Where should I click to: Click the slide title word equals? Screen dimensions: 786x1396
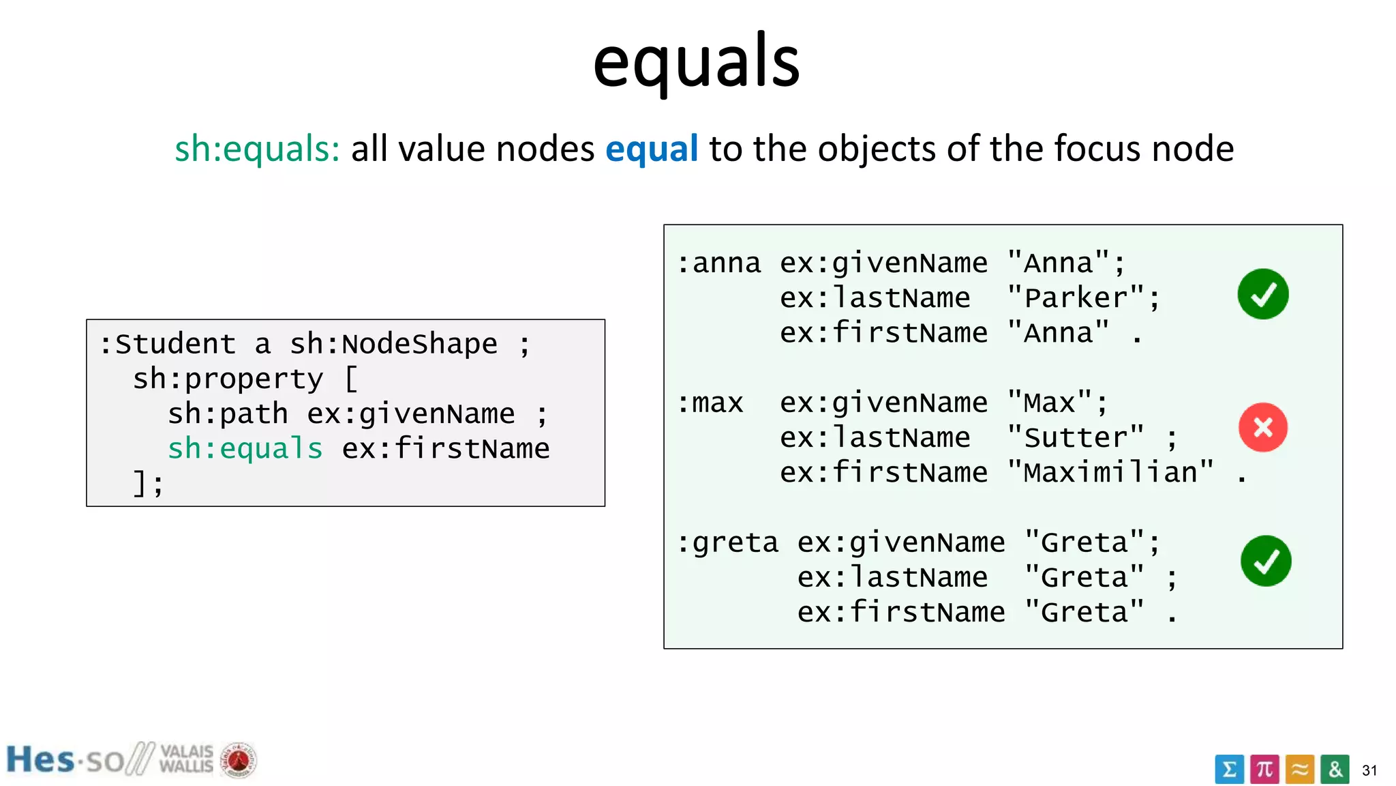(x=696, y=63)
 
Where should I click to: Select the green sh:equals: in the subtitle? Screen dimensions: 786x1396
(x=257, y=149)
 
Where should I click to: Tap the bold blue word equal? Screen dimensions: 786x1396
(x=652, y=149)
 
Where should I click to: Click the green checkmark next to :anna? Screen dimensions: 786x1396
(x=1262, y=294)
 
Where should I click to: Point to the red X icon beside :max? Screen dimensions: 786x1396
(x=1262, y=428)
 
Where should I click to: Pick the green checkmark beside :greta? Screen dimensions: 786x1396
(x=1266, y=561)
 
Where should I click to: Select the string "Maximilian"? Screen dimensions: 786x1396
(x=1110, y=472)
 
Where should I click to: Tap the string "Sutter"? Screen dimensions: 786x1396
(x=1076, y=437)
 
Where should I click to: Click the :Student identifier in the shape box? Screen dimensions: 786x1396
(x=168, y=344)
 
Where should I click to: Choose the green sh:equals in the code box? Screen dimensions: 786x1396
(x=245, y=449)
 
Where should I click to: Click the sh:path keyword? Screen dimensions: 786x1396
(x=228, y=414)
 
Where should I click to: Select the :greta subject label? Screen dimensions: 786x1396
(x=727, y=543)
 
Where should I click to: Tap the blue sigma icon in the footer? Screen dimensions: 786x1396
(x=1229, y=770)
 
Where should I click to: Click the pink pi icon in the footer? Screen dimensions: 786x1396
(x=1264, y=770)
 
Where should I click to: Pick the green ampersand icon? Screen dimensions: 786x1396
(x=1335, y=770)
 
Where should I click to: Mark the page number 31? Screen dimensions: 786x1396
(x=1369, y=770)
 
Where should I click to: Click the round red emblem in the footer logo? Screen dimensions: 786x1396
(x=238, y=760)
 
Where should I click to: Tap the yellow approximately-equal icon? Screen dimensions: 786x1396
(x=1300, y=770)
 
